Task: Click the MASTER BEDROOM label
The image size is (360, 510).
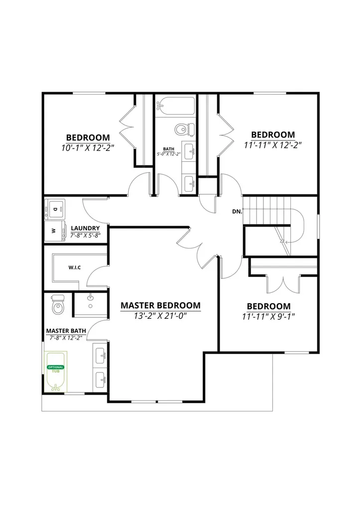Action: [x=160, y=305]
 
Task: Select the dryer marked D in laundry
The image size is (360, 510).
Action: [x=55, y=210]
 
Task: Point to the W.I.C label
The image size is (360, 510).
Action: [x=75, y=267]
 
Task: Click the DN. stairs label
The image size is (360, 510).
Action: [x=237, y=211]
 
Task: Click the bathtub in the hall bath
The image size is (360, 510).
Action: [x=175, y=106]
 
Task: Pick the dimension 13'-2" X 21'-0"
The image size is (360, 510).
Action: [x=160, y=316]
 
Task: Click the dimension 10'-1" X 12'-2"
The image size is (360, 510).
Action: [x=88, y=148]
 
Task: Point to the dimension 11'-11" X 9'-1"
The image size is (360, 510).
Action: [x=268, y=316]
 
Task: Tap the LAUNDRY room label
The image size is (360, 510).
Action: [x=85, y=228]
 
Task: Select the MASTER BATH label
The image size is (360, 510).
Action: [x=66, y=331]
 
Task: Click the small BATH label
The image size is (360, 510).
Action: [x=169, y=149]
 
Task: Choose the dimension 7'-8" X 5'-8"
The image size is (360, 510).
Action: [x=85, y=235]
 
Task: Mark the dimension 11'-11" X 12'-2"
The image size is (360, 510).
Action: [x=273, y=145]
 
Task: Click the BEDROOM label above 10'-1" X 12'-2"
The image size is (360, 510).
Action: [x=88, y=137]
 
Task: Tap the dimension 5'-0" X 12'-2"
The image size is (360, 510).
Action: [x=169, y=154]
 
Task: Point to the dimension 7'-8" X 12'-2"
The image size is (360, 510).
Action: [x=66, y=338]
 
